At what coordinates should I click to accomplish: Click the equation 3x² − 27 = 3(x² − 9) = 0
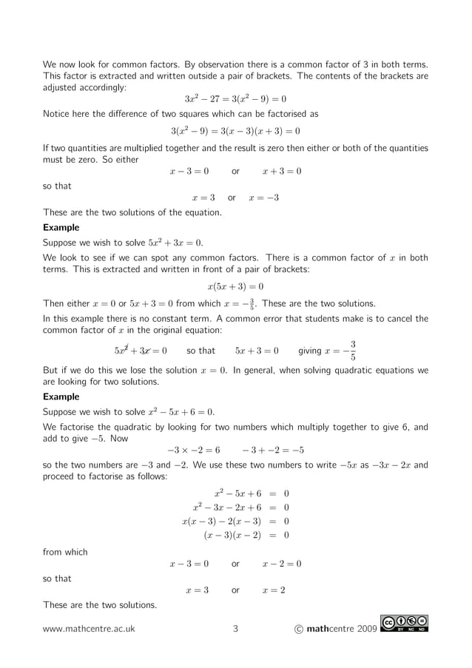(x=235, y=99)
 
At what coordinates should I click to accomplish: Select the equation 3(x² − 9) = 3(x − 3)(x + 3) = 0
(x=235, y=131)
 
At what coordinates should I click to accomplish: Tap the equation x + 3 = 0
(x=282, y=172)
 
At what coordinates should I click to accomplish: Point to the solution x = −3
(x=264, y=198)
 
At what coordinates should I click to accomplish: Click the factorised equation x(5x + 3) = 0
(x=235, y=286)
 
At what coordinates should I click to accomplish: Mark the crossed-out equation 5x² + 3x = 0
(x=141, y=351)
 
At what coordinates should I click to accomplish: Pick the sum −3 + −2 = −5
(x=273, y=450)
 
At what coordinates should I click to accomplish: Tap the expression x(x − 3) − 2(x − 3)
(x=221, y=522)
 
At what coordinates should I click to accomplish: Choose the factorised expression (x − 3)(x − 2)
(x=232, y=536)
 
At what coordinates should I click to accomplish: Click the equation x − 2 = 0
(x=282, y=564)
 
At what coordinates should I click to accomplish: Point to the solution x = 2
(x=274, y=590)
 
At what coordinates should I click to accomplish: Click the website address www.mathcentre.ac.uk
(x=89, y=630)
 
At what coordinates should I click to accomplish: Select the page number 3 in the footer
(x=235, y=630)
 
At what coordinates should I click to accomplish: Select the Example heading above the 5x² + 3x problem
(x=61, y=228)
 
